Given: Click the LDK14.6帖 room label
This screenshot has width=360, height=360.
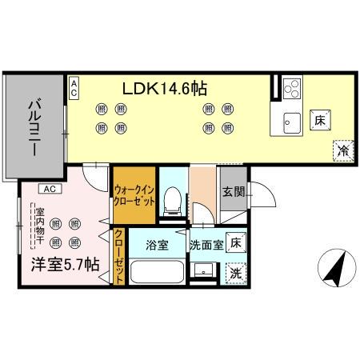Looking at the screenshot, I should click(165, 87).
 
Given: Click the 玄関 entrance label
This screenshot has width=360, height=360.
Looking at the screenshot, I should click(234, 191).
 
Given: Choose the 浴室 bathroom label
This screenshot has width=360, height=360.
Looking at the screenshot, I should click(156, 245).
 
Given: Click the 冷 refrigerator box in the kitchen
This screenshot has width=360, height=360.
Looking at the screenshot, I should click(342, 150).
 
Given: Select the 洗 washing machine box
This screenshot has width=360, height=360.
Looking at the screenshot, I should click(236, 271).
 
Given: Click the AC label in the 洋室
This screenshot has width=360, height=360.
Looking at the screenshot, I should click(49, 189).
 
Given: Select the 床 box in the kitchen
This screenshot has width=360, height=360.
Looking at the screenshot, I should click(318, 120).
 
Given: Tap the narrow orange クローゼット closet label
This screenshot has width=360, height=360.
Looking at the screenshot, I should click(119, 255).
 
